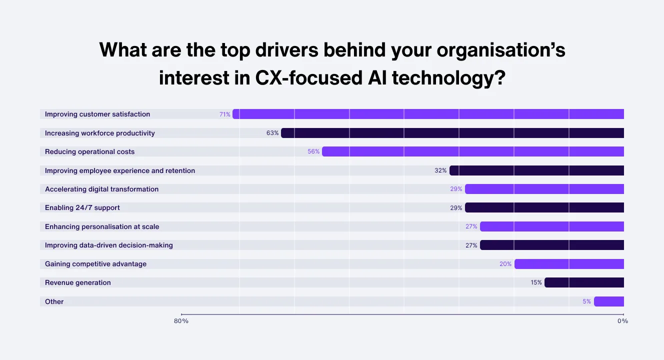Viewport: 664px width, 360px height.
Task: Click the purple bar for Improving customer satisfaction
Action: point(428,114)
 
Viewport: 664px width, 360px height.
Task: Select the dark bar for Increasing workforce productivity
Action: point(452,133)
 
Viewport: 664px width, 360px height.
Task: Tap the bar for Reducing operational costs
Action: point(473,151)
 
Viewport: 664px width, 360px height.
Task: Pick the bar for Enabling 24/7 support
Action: point(544,207)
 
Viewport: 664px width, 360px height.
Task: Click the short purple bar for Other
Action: point(609,301)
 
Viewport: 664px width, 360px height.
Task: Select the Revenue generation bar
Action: point(584,282)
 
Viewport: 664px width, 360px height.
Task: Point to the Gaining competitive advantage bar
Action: point(569,264)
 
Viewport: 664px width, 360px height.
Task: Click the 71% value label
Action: point(225,114)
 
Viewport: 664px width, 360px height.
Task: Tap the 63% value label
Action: point(272,133)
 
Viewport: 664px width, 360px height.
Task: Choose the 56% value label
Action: point(313,151)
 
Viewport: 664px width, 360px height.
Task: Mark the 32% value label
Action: point(440,170)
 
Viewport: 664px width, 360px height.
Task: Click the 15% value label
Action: point(536,282)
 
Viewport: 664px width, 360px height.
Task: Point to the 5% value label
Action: point(586,301)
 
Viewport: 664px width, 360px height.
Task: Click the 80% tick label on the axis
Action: point(181,321)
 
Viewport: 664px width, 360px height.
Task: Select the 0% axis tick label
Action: point(622,321)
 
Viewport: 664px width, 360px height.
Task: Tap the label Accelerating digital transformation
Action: point(101,189)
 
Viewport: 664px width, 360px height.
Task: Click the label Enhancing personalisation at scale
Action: point(102,226)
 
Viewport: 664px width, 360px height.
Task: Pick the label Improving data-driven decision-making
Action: point(109,245)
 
